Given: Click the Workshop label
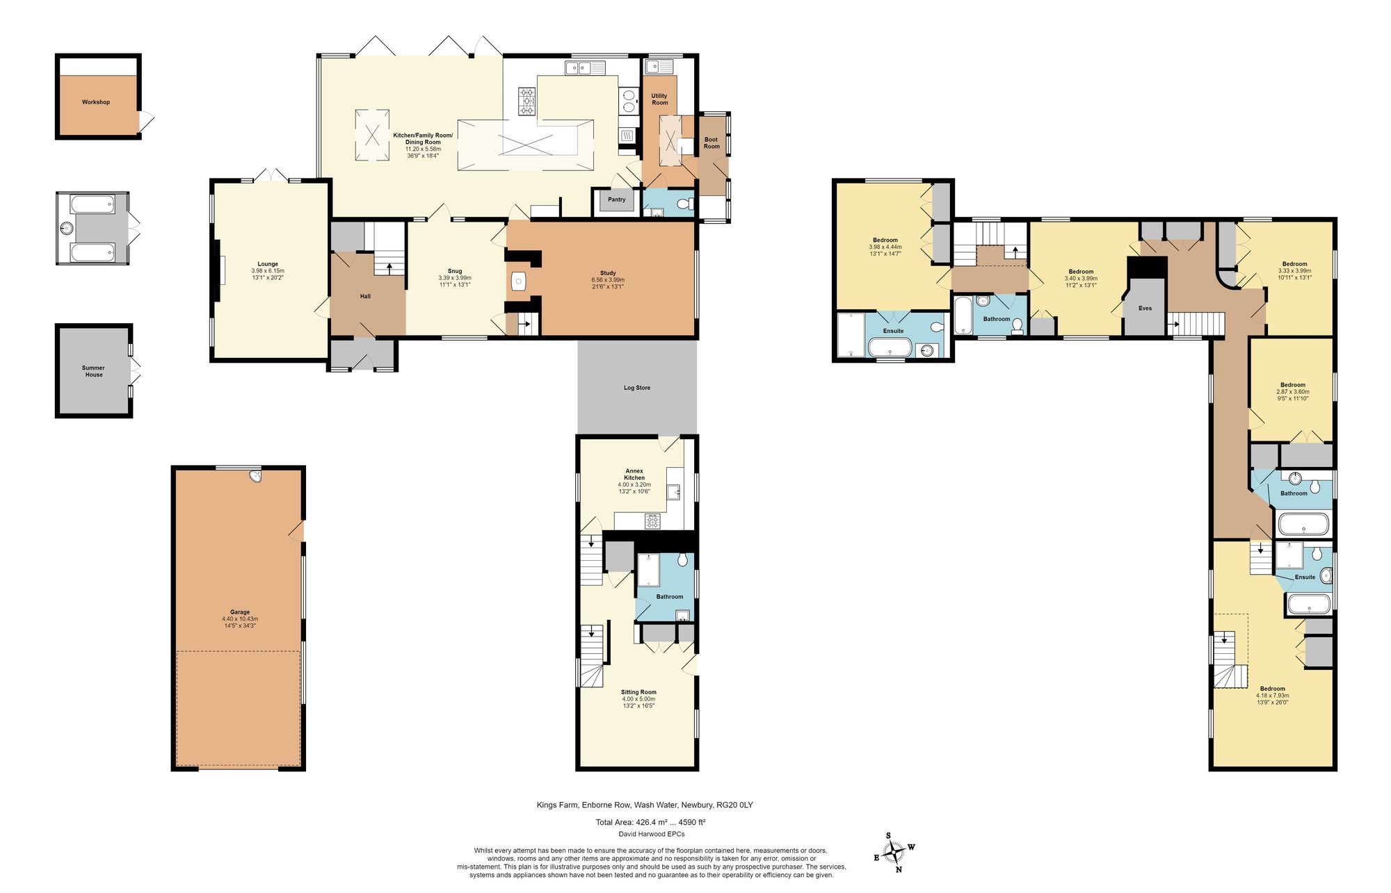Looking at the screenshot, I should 96,102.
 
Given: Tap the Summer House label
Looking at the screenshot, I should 93,371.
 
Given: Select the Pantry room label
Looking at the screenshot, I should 616,199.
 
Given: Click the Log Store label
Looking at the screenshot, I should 636,388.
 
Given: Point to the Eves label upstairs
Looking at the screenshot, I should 1145,308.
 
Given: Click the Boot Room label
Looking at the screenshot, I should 711,143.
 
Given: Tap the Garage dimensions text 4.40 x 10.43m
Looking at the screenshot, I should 240,618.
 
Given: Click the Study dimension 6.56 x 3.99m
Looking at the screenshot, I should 607,280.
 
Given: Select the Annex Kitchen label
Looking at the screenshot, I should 634,474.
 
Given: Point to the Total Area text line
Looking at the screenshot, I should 650,822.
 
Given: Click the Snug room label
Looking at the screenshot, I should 454,271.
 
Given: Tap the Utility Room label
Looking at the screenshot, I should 659,99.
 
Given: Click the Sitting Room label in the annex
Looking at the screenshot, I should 638,692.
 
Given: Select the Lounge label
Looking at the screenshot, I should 268,264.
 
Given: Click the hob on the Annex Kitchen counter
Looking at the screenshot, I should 652,521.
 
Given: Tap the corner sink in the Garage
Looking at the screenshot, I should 256,477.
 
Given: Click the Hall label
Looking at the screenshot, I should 365,296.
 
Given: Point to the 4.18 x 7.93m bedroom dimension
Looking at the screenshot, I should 1272,696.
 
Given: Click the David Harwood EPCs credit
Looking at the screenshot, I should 651,834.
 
